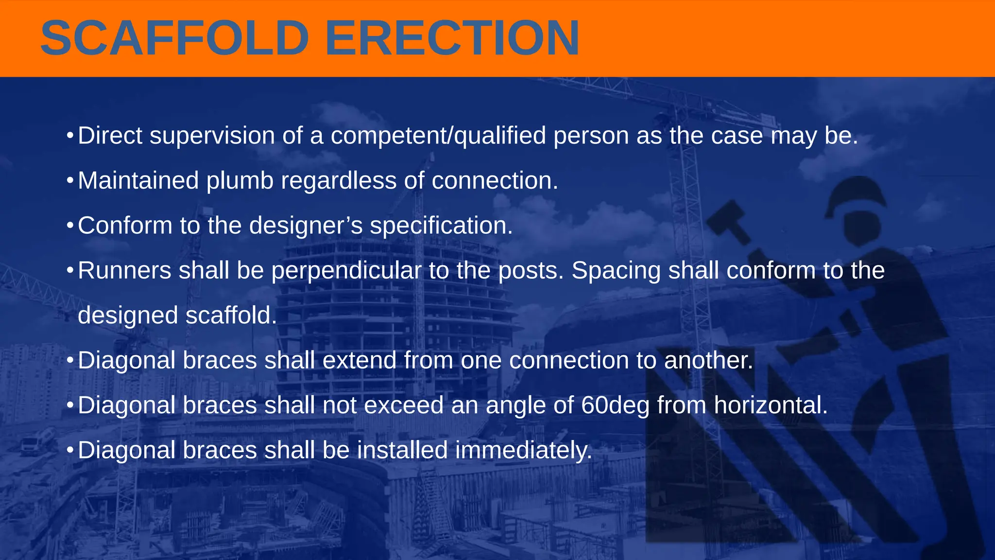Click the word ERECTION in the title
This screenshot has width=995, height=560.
click(x=452, y=38)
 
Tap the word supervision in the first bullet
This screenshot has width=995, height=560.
click(x=212, y=136)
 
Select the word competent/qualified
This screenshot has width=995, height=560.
click(x=438, y=136)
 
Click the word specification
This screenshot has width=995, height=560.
click(x=441, y=226)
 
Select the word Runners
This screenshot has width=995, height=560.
click(x=124, y=270)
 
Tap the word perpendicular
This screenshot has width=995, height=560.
click(x=346, y=271)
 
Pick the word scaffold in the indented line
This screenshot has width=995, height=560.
click(x=231, y=315)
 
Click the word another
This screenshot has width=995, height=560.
click(x=708, y=360)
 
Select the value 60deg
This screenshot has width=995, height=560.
click(x=615, y=405)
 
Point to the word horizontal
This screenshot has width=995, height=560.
click(x=771, y=405)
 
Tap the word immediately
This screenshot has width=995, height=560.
click(x=524, y=450)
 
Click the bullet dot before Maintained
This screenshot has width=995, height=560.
click(x=70, y=181)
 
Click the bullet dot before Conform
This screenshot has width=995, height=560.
click(x=70, y=226)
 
